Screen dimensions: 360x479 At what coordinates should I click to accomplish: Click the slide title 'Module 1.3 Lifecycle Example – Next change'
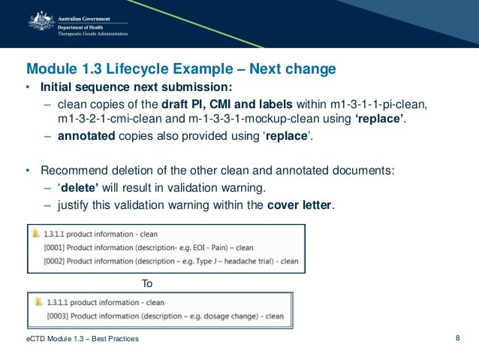(x=181, y=70)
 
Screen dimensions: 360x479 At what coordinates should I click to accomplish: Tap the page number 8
(x=458, y=338)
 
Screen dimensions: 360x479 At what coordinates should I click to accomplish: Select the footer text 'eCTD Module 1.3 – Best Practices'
(x=82, y=340)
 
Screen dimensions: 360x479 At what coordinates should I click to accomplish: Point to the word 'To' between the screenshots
(x=147, y=283)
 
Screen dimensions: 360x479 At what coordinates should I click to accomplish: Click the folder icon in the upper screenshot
(x=38, y=234)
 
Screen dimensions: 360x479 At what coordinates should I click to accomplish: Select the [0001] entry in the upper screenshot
(x=149, y=247)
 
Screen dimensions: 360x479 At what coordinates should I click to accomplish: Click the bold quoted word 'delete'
(x=79, y=187)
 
